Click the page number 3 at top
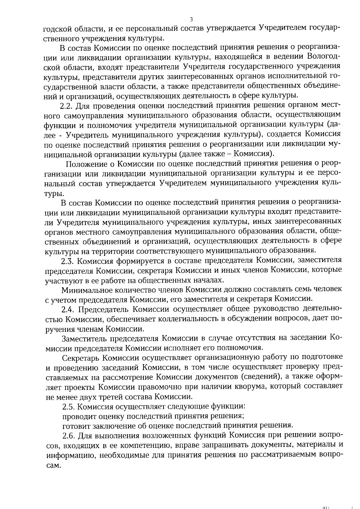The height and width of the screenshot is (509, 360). pos(191,19)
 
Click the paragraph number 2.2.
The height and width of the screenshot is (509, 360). pos(66,106)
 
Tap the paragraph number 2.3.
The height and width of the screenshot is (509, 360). pos(67,261)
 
